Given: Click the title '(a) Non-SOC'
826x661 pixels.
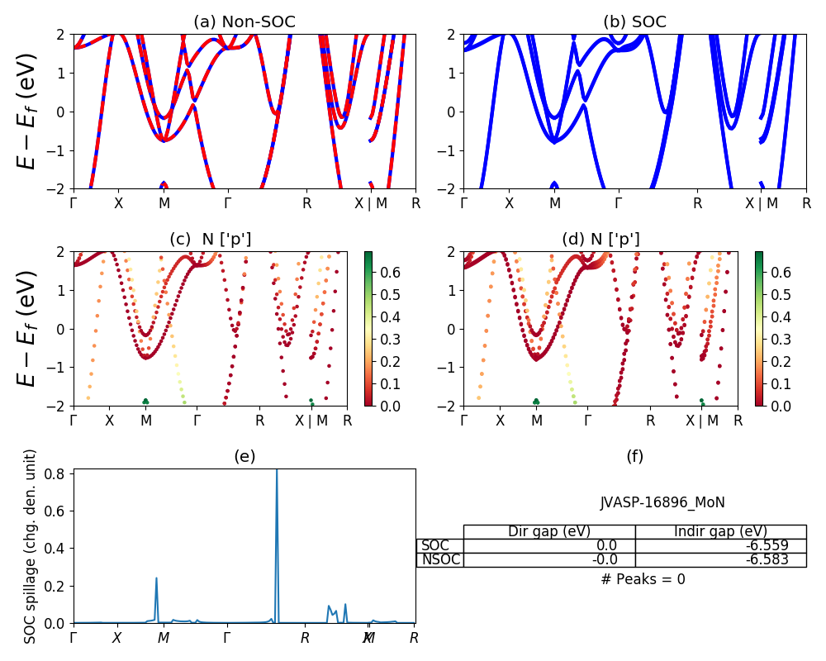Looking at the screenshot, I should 244,22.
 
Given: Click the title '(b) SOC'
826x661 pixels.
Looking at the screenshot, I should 634,22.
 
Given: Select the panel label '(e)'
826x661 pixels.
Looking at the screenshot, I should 244,456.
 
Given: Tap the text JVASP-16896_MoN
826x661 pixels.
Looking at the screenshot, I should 662,502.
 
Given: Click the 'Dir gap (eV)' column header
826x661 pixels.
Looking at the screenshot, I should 549,531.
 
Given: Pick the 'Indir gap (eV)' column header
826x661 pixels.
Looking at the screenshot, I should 720,531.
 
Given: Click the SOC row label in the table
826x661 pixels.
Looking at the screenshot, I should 435,545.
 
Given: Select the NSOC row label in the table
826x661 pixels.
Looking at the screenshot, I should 440,559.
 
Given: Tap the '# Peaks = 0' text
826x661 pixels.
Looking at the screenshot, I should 643,579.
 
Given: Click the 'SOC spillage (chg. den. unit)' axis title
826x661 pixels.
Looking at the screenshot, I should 31,546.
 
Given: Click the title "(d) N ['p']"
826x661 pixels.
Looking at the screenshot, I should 601,240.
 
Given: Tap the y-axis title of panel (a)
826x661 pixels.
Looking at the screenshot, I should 27,112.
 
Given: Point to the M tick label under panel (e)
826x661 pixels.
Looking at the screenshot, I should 164,638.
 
